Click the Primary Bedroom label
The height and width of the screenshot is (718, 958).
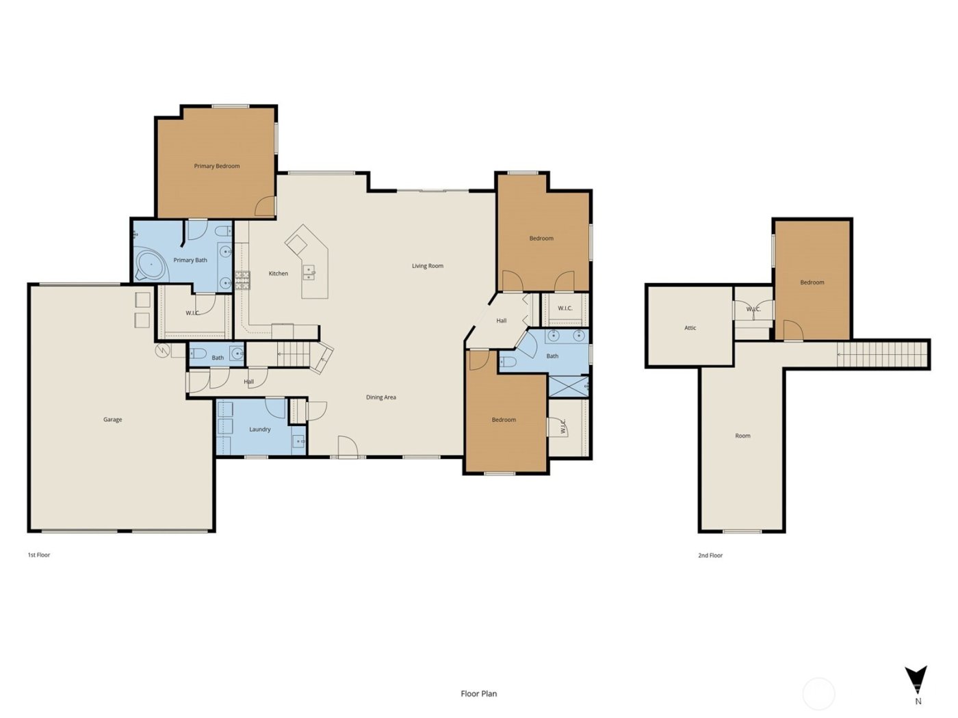point(216,166)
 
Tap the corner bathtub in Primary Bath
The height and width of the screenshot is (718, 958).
point(151,265)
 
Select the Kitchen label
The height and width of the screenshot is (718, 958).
point(278,274)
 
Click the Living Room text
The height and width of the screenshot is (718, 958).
point(427,266)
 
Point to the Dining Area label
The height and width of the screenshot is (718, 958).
point(380,397)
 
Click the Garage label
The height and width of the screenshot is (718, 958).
point(112,420)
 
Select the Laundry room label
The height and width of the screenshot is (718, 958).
point(259,429)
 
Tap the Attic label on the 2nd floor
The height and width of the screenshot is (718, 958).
point(690,328)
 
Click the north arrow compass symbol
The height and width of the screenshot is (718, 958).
point(916,680)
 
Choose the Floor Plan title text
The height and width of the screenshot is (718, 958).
point(478,693)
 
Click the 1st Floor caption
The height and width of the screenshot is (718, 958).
point(38,555)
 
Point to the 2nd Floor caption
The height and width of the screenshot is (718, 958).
point(710,556)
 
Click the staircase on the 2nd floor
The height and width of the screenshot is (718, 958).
point(882,354)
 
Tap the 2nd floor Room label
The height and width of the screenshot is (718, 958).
point(742,436)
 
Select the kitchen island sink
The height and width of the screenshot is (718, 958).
point(309,273)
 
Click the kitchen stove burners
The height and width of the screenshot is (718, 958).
point(242,280)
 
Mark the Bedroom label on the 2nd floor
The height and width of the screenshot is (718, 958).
point(812,282)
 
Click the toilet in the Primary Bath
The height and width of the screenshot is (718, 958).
point(224,231)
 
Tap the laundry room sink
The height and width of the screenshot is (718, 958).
point(299,441)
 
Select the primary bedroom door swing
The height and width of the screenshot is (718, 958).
point(266,207)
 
